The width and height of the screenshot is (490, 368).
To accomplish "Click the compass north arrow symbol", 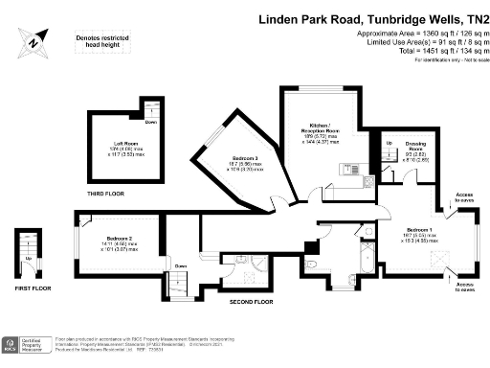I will tap(35, 40).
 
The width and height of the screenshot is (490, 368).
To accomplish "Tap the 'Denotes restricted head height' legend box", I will tap(100, 42).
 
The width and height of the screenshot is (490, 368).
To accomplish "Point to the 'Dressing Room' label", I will tap(415, 148).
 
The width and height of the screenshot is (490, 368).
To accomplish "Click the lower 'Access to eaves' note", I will tap(463, 287).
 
